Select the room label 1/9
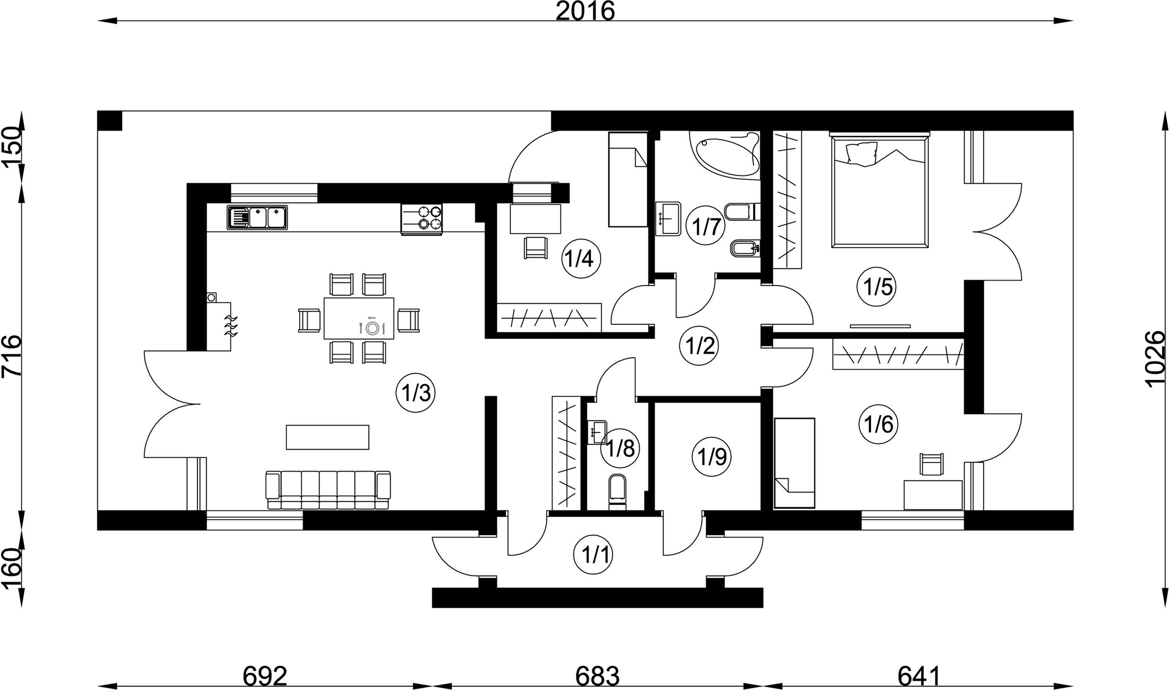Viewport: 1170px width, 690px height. pos(712,457)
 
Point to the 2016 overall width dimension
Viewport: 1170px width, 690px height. pos(585,11)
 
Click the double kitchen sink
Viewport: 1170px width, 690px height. pos(258,217)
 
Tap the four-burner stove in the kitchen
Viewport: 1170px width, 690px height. pos(421,219)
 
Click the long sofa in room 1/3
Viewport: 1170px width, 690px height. pos(328,490)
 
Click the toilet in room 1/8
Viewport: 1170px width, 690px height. pos(617,493)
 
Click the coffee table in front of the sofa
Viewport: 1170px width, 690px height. pos(327,437)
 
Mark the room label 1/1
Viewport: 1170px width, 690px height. pos(594,555)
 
